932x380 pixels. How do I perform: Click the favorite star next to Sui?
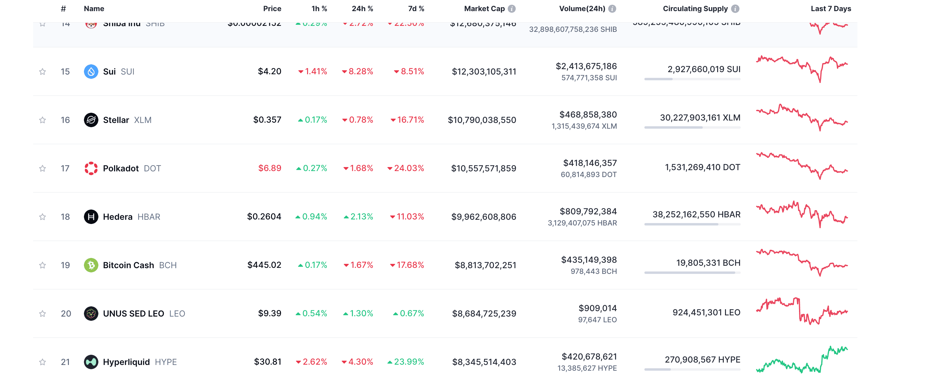point(42,72)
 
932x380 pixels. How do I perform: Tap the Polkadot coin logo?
point(91,168)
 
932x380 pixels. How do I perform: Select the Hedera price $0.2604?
point(264,216)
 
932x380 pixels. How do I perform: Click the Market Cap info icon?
point(512,9)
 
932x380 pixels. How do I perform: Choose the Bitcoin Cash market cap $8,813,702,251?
point(485,265)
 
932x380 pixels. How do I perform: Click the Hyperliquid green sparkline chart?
point(801,360)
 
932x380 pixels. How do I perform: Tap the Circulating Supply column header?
point(695,9)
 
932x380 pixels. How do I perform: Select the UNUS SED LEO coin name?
point(134,314)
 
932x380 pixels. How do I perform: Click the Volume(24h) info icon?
point(612,9)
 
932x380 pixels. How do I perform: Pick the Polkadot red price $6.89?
point(270,168)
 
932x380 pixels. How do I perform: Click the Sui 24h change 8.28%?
point(357,72)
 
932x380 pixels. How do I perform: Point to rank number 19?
point(65,265)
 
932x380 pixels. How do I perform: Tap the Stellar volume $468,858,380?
point(588,115)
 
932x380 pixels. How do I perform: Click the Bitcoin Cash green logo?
point(91,265)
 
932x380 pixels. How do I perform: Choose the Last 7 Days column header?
point(830,9)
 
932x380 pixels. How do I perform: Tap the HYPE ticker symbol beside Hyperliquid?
point(166,362)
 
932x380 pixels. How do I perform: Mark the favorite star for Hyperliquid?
point(42,362)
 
